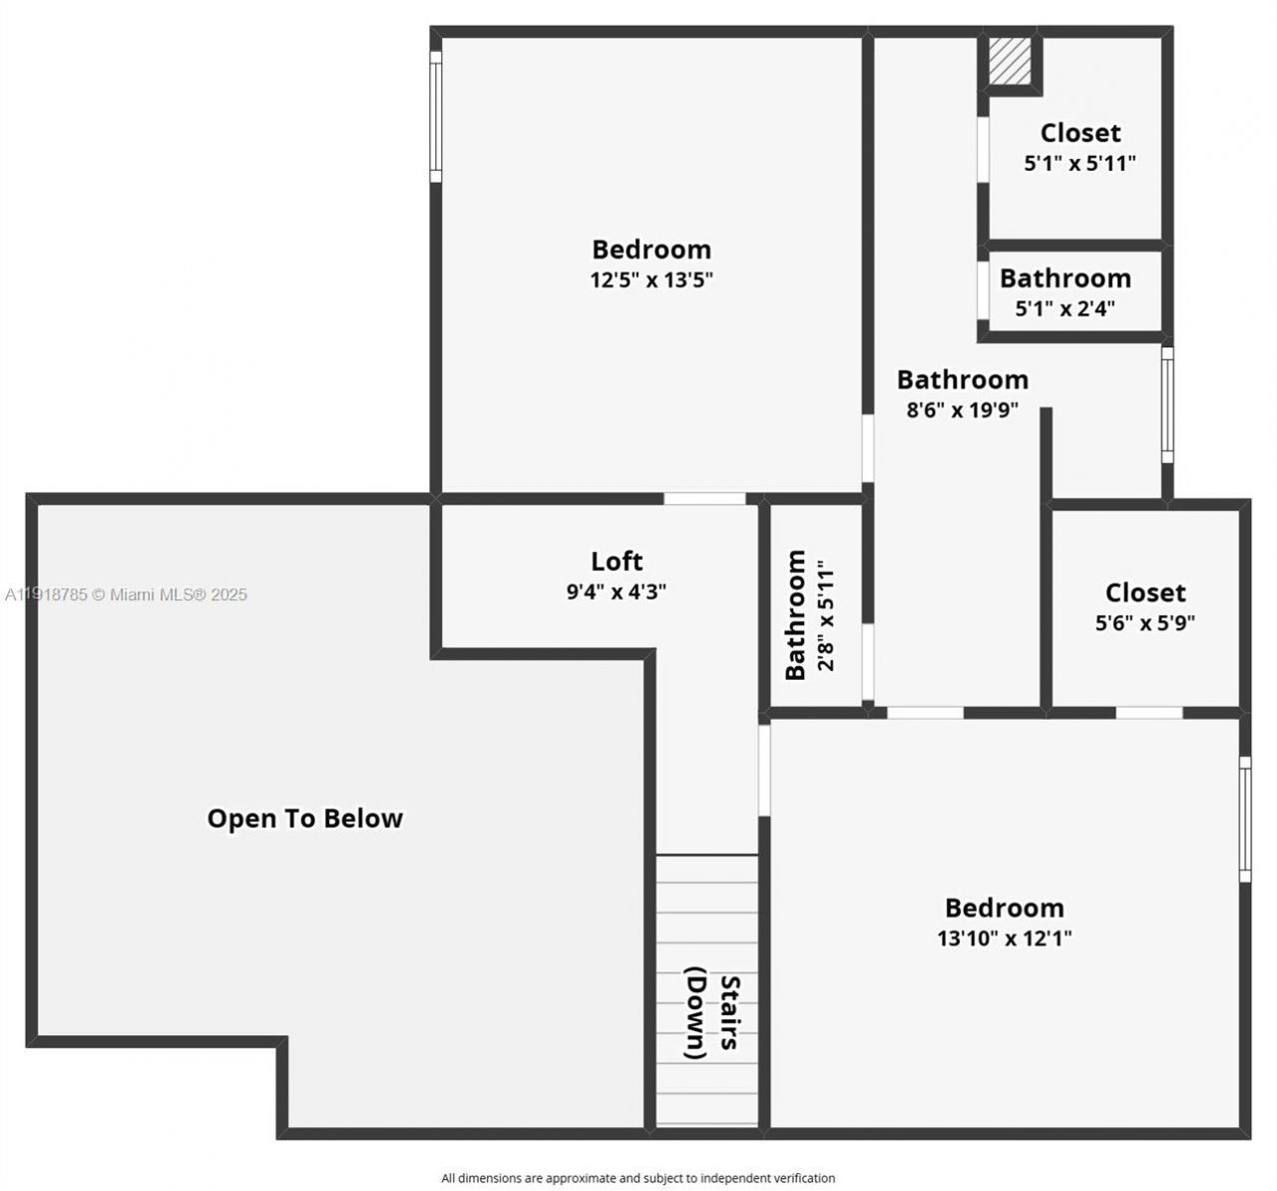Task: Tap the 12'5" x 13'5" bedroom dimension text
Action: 651,280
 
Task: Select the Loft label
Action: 617,561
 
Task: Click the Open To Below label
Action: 304,819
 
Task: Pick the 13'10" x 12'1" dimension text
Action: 1004,938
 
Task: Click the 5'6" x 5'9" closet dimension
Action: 1145,623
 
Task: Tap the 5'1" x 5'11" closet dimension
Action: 1079,164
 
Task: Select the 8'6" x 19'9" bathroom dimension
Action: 962,409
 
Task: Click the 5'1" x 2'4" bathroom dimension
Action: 1064,308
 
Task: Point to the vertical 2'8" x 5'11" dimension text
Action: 825,615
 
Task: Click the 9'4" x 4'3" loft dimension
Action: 616,592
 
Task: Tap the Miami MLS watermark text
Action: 127,595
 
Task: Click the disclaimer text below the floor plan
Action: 638,1178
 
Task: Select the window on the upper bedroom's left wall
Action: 435,117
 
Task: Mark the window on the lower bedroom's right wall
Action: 1244,819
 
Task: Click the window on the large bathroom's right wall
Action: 1167,404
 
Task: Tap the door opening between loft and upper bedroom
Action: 704,498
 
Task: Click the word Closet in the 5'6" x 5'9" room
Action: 1145,593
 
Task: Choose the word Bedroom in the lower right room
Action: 1004,907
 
